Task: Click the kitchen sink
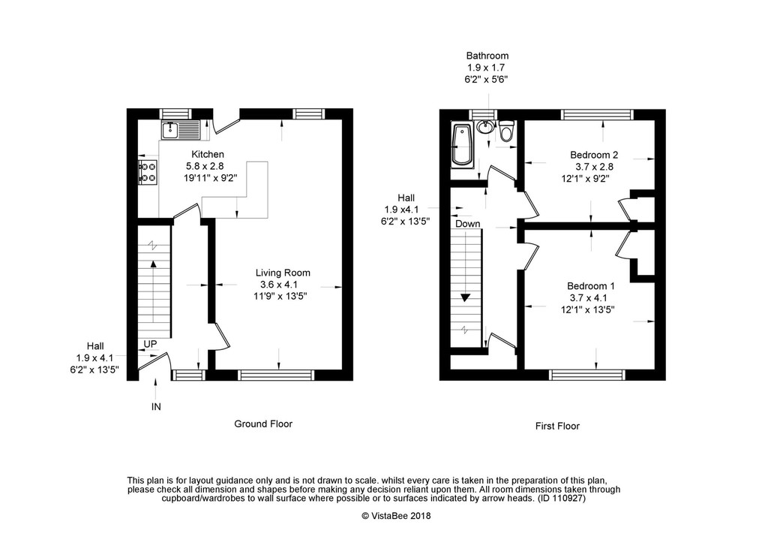180,130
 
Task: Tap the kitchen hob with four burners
148,172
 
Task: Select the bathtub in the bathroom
461,144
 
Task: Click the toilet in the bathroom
506,130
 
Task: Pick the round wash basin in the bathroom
485,127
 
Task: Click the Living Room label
283,273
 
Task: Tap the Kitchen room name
208,155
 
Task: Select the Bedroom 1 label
591,286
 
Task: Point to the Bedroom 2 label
594,155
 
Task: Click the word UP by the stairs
150,344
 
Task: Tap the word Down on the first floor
468,224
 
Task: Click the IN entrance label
156,406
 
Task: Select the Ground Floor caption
263,424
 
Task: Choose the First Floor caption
557,427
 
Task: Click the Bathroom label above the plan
487,56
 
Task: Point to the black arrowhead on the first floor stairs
465,297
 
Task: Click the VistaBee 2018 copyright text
396,515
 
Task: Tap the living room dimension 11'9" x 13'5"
280,296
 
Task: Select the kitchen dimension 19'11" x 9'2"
211,178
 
